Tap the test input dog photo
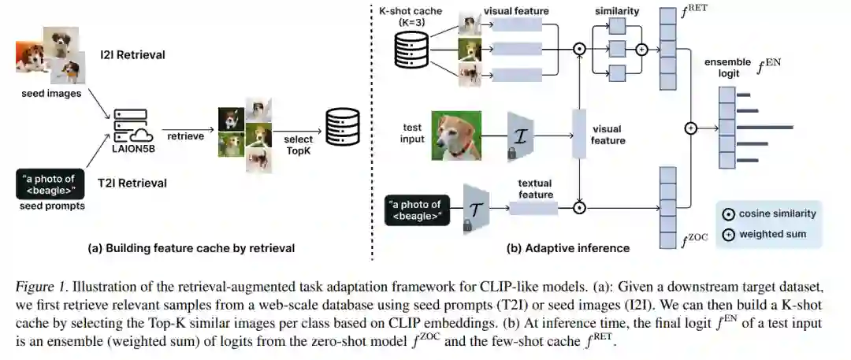click(x=455, y=135)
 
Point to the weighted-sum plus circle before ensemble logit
click(x=691, y=128)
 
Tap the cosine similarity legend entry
click(x=768, y=213)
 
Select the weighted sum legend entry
click(x=763, y=234)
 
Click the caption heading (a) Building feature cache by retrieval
click(x=191, y=248)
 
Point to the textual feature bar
click(x=533, y=208)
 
